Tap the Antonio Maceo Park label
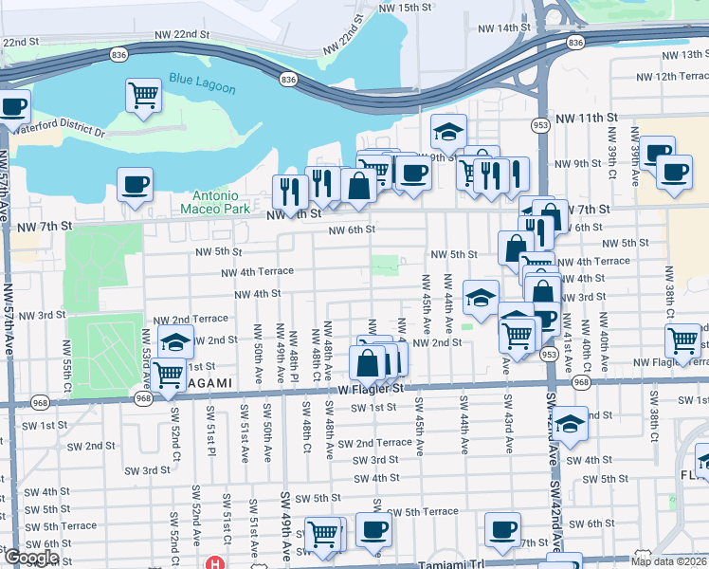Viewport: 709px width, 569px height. click(209, 201)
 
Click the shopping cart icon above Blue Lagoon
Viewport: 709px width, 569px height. click(143, 95)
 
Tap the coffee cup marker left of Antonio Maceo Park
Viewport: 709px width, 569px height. click(135, 183)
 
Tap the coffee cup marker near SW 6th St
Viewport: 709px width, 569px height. click(502, 529)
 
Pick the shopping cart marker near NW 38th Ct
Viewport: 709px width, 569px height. click(682, 340)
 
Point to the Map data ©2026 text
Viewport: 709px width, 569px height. click(669, 560)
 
